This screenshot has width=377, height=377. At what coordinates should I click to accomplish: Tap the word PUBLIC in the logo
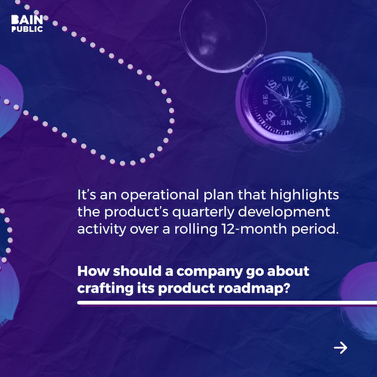click(x=27, y=29)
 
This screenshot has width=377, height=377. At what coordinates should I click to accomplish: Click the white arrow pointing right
click(x=340, y=347)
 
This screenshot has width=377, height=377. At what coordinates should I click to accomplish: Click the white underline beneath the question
click(x=216, y=304)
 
